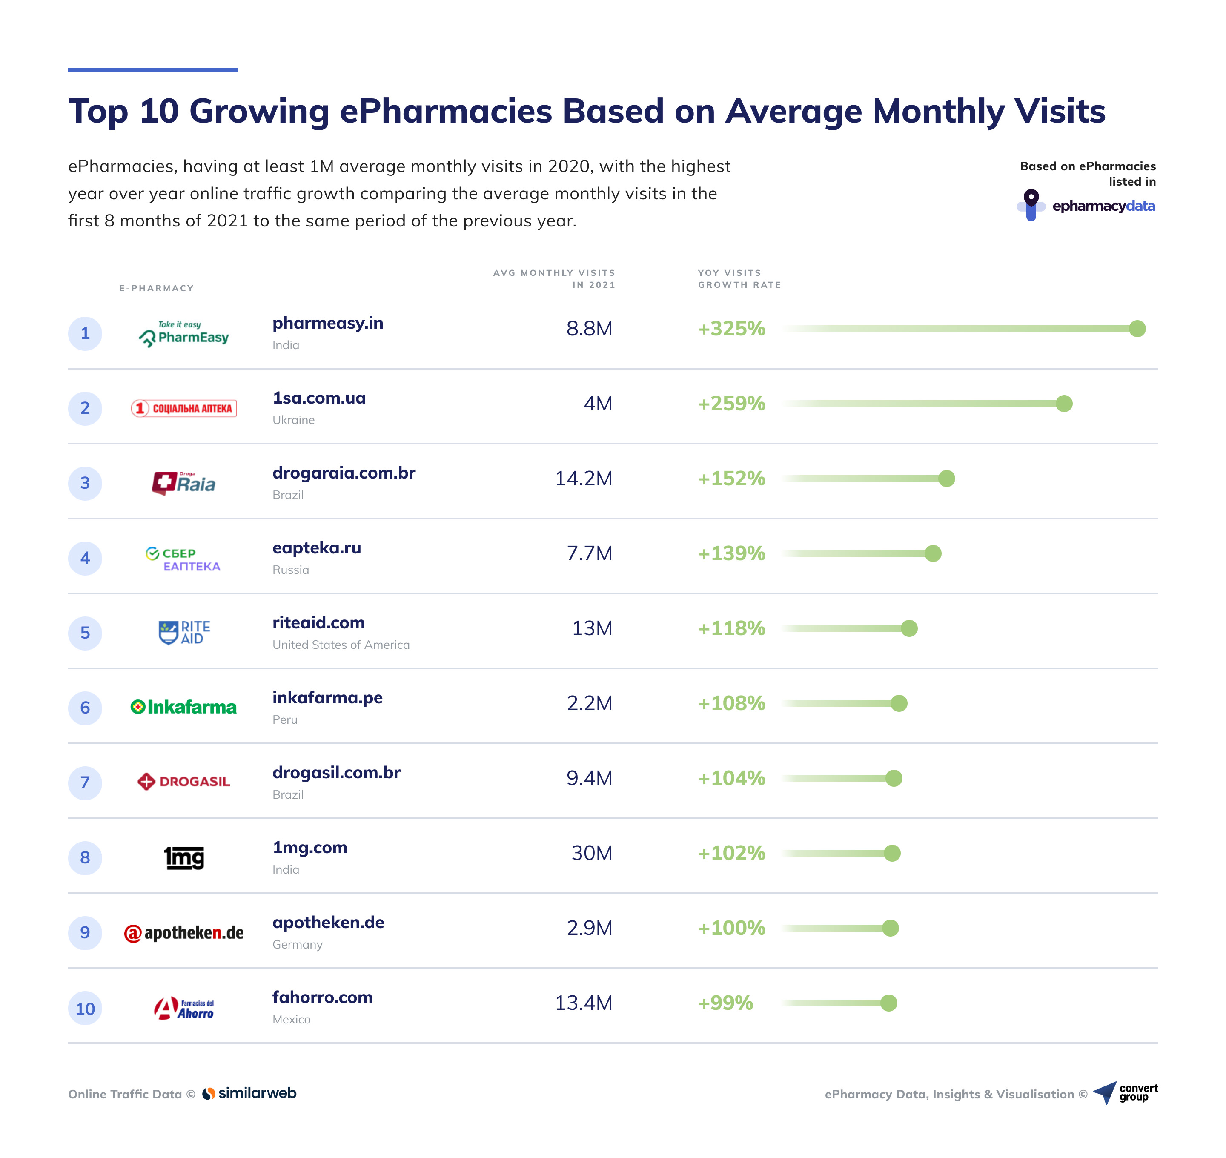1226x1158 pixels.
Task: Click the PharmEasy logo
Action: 184,333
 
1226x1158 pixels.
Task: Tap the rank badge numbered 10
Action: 85,1009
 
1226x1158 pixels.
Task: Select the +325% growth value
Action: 731,328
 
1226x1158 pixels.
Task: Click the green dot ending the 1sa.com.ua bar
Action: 1064,404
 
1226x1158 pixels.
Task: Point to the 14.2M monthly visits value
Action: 583,479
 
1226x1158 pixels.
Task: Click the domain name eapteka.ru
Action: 317,547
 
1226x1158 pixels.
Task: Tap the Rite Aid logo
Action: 184,632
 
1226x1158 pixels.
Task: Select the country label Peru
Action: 285,720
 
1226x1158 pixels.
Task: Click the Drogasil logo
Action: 184,782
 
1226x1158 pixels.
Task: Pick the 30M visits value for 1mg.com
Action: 591,853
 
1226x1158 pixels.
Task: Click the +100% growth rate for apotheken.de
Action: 731,928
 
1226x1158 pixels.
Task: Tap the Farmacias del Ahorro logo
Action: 184,1009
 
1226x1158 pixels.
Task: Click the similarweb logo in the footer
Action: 250,1093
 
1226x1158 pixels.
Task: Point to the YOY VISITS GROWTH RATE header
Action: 739,278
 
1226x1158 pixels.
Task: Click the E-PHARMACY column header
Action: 156,288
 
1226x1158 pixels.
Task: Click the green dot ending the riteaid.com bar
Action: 909,628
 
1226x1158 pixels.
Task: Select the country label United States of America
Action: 341,645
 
